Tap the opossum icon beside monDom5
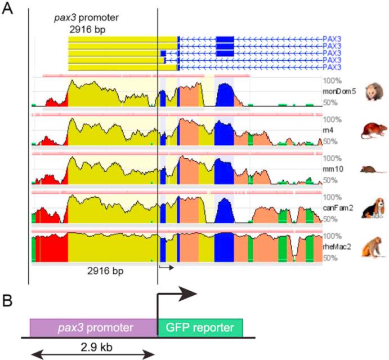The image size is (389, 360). (x=370, y=91)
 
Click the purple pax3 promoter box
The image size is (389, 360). (x=93, y=327)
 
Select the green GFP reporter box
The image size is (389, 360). (x=200, y=327)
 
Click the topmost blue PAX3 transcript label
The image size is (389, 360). (x=332, y=38)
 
